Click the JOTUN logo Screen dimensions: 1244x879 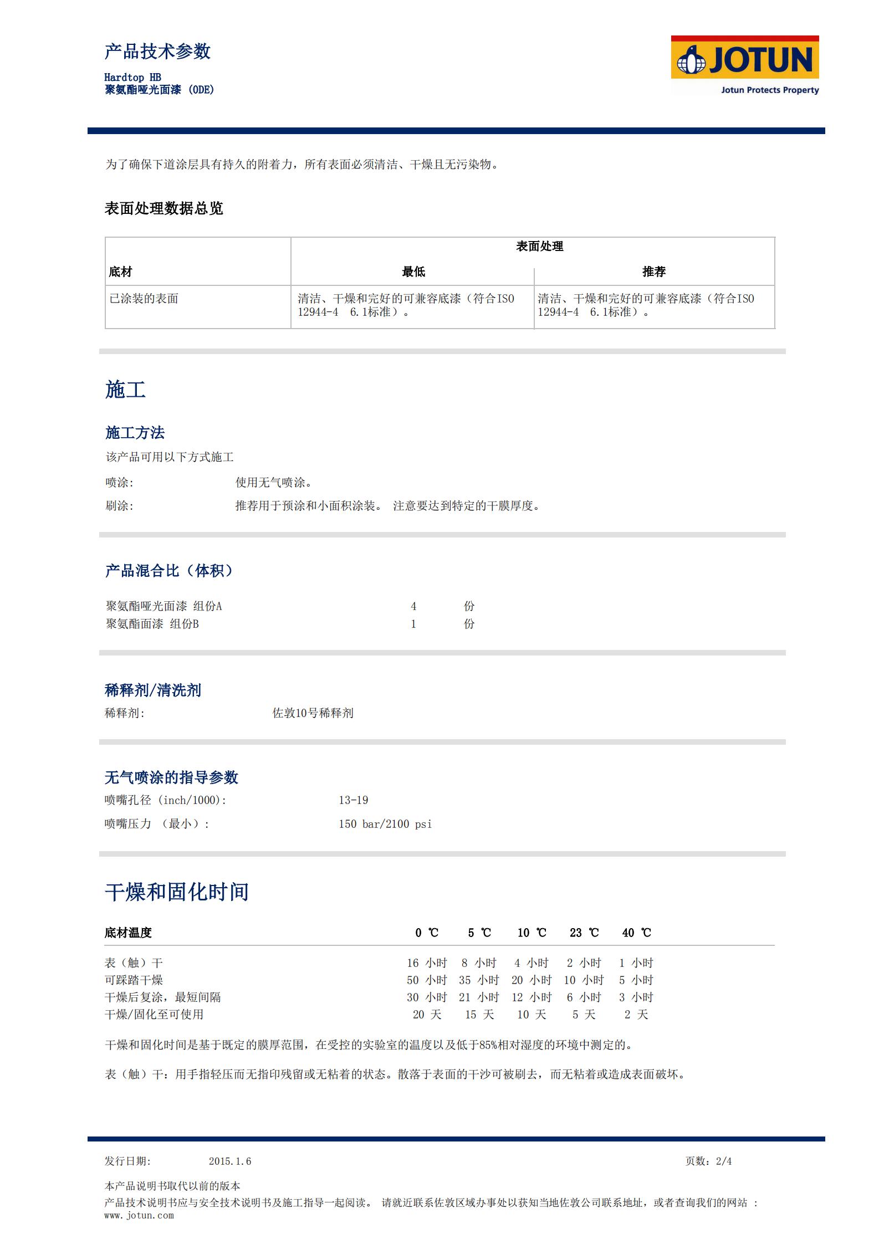coord(744,65)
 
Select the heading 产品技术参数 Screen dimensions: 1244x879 coord(158,52)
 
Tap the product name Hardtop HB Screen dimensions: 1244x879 coord(132,78)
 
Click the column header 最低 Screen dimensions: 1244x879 coord(413,272)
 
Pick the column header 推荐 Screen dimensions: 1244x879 coord(654,272)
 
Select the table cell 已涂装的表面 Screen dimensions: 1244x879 coord(144,299)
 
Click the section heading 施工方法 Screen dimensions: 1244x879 coord(135,433)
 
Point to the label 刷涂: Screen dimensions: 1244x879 coord(120,506)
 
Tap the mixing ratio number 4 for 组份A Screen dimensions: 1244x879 coord(413,606)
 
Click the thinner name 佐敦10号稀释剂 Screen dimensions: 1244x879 coord(313,713)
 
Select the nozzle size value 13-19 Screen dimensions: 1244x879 coord(354,800)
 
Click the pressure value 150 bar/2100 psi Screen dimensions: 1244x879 coord(385,824)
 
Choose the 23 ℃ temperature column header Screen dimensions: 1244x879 coord(584,933)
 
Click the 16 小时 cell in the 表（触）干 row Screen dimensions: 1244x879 coord(427,963)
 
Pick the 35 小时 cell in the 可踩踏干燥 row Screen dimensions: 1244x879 coord(479,980)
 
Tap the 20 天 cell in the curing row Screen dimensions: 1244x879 coord(427,1015)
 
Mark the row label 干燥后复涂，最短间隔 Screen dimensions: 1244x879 coord(163,997)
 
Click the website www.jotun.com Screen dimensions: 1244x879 coord(139,1215)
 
